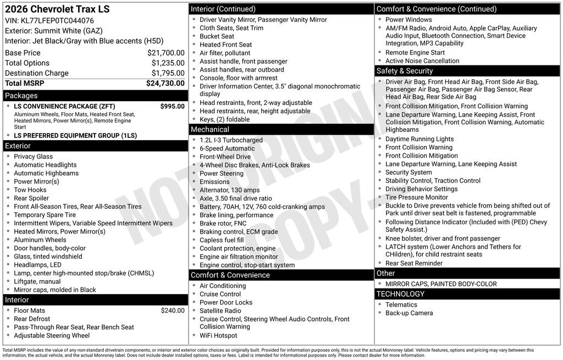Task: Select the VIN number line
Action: click(49, 21)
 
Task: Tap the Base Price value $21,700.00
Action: click(165, 53)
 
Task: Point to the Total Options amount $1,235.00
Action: click(168, 63)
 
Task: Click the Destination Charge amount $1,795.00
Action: click(168, 73)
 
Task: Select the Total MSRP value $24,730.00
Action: click(165, 84)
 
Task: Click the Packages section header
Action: click(21, 96)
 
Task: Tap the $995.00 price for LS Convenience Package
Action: click(172, 107)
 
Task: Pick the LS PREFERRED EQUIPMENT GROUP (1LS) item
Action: click(75, 135)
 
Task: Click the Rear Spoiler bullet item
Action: click(31, 198)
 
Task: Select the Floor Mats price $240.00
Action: click(173, 311)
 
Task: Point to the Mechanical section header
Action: click(209, 129)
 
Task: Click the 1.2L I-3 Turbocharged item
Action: click(231, 140)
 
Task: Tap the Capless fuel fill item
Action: click(222, 240)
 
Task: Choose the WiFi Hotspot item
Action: click(218, 335)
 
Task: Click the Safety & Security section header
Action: click(404, 71)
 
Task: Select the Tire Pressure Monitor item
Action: click(416, 197)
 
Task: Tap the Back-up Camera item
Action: click(409, 313)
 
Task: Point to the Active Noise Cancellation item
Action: click(422, 61)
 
